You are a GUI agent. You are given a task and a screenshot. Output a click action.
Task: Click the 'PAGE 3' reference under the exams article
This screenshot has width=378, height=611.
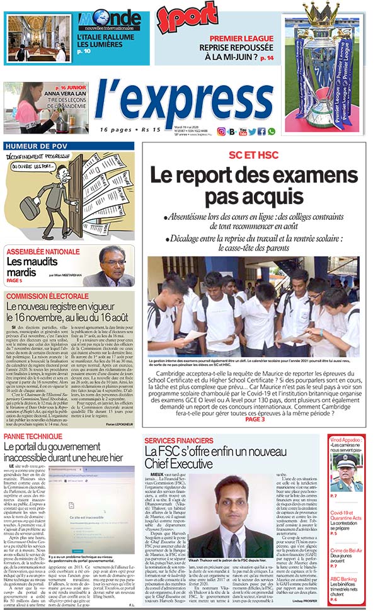[255, 419]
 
